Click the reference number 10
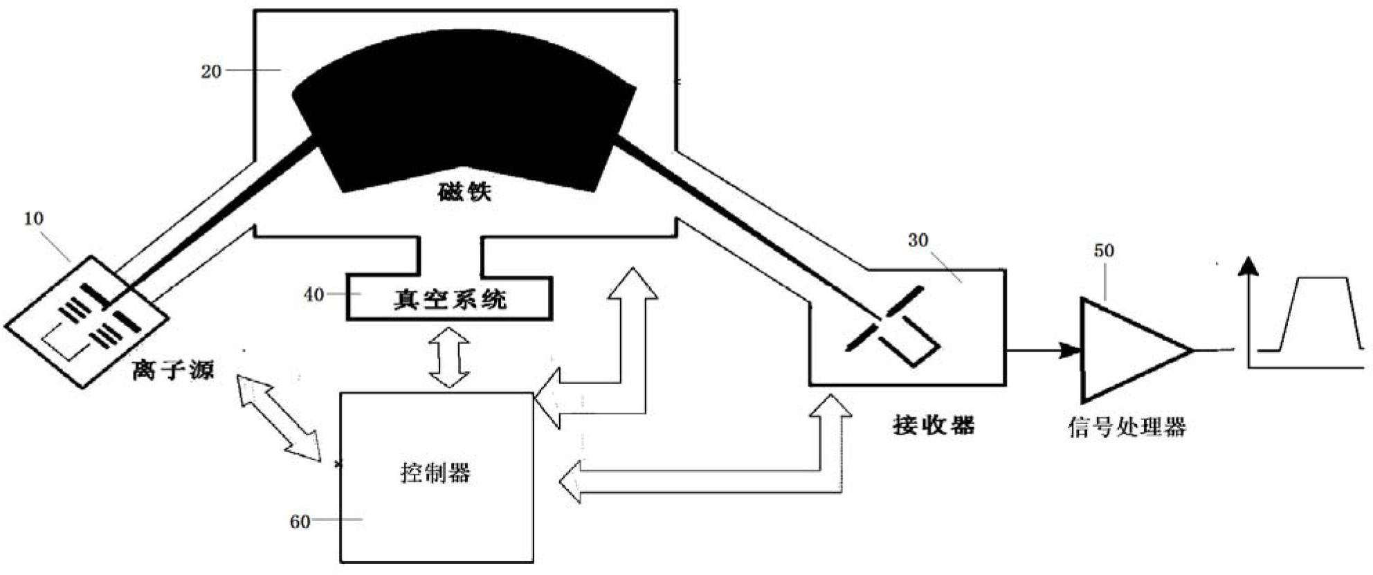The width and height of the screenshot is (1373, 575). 34,219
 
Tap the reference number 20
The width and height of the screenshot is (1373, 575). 211,71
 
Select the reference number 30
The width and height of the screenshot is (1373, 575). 918,241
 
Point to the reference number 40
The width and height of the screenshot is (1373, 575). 313,295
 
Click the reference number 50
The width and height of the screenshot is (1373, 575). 1104,250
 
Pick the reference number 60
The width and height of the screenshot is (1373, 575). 300,522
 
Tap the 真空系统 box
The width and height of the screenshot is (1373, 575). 450,299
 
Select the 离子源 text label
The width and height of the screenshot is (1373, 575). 174,369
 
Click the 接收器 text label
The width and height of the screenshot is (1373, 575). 934,424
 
